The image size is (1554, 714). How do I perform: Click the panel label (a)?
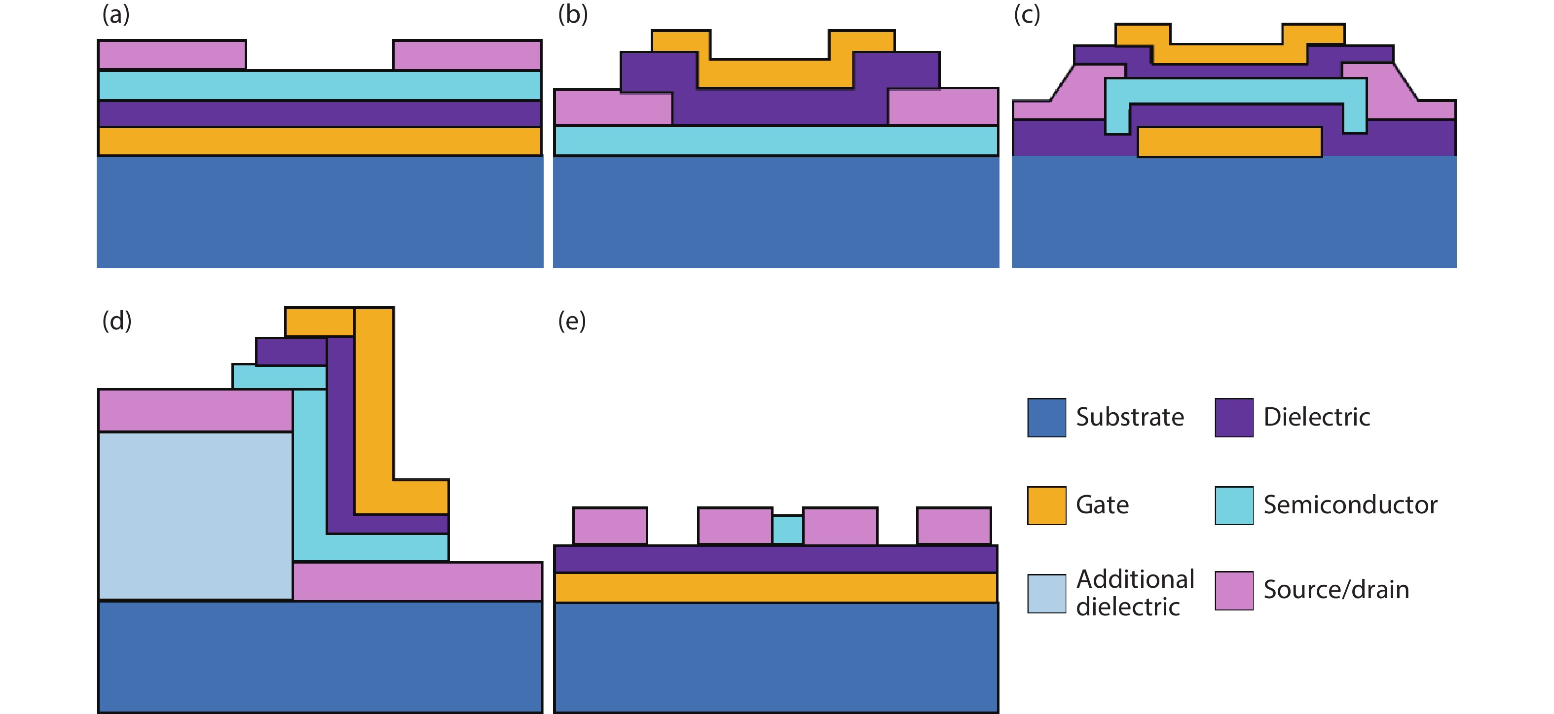point(115,14)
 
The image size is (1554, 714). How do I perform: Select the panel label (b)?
point(572,14)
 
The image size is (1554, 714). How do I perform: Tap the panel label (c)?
point(1027,14)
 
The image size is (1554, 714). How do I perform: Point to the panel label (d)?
point(116,321)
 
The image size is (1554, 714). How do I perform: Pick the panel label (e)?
point(571,321)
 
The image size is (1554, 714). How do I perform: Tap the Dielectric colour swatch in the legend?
point(1234,417)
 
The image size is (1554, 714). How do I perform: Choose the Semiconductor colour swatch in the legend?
point(1234,505)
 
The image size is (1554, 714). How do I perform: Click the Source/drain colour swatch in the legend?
point(1234,590)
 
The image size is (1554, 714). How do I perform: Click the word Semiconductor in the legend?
point(1350,505)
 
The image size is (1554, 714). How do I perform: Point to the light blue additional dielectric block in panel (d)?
point(195,516)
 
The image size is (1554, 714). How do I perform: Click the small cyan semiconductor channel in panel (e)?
point(787,530)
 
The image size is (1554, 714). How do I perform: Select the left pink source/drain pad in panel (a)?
point(172,55)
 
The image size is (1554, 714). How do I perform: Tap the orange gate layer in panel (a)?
point(319,141)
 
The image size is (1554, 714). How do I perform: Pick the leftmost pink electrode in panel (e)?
point(609,526)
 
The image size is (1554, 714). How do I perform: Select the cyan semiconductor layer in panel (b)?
point(776,141)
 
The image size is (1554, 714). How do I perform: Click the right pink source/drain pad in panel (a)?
point(467,55)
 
